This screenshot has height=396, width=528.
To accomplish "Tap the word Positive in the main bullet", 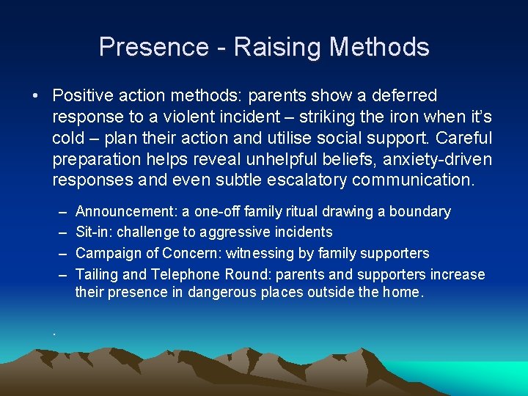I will coord(81,96).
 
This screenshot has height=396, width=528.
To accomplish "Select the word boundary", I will coord(420,212).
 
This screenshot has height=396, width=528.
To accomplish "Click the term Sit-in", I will coord(93,232).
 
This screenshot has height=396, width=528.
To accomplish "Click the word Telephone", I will coord(185,275).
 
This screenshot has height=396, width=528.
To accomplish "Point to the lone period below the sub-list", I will coord(54,334).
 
